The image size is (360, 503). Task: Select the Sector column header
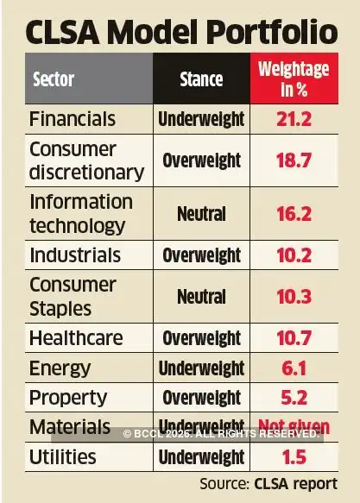[54, 79]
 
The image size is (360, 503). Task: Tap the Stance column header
[201, 79]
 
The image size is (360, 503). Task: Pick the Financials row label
[74, 118]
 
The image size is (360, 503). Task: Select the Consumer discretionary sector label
[85, 160]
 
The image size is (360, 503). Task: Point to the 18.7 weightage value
[293, 160]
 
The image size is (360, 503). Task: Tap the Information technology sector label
[80, 213]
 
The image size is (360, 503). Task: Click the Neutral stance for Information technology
[201, 213]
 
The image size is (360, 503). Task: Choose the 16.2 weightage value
[293, 213]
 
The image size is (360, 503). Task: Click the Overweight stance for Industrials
[201, 255]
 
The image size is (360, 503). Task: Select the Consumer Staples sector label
[73, 296]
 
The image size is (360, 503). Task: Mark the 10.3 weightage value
[293, 296]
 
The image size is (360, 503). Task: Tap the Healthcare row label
[76, 337]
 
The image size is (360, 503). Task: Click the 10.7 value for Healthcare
[293, 337]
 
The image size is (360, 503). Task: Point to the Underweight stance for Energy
[201, 368]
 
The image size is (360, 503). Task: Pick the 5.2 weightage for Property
[293, 398]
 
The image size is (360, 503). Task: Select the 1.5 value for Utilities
[293, 456]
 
